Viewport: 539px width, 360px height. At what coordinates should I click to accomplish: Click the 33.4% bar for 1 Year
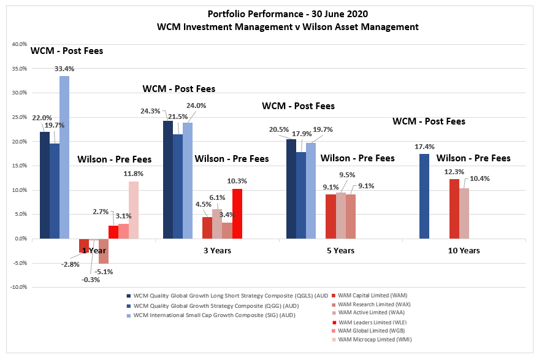64,157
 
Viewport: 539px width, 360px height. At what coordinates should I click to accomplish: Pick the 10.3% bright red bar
237,213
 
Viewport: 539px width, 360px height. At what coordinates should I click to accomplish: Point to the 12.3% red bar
454,209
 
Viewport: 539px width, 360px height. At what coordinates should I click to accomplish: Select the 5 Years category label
340,250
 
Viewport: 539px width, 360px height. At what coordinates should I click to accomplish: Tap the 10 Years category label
464,250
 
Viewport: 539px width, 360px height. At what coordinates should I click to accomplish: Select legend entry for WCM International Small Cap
215,315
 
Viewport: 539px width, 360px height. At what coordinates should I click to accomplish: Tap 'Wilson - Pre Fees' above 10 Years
473,158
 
